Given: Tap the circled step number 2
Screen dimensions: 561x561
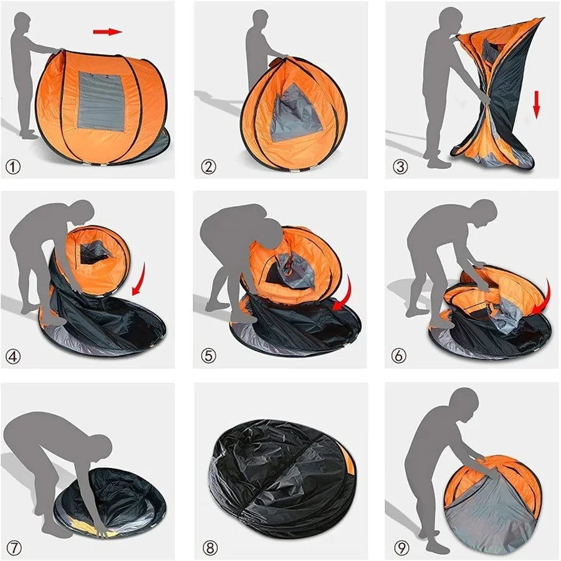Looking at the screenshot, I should click(x=208, y=166).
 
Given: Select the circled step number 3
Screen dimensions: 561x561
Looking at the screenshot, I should click(x=400, y=166).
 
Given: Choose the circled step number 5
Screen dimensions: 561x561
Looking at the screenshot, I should click(x=208, y=356).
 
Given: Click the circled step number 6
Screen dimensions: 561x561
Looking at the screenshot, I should click(x=400, y=356).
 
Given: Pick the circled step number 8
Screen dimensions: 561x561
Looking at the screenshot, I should click(x=210, y=548).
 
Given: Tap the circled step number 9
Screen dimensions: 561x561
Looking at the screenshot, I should click(x=401, y=548).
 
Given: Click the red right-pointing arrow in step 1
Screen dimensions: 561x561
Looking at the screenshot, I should click(x=107, y=31).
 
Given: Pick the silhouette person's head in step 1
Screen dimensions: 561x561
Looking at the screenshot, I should click(x=22, y=24).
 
